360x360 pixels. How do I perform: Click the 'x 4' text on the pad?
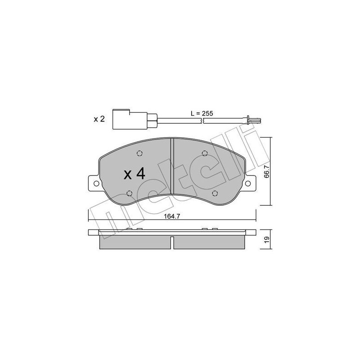pyautogui.click(x=134, y=174)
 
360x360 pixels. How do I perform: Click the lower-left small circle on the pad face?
pyautogui.click(x=130, y=193)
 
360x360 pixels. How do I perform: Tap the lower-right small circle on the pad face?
pyautogui.click(x=214, y=193)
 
